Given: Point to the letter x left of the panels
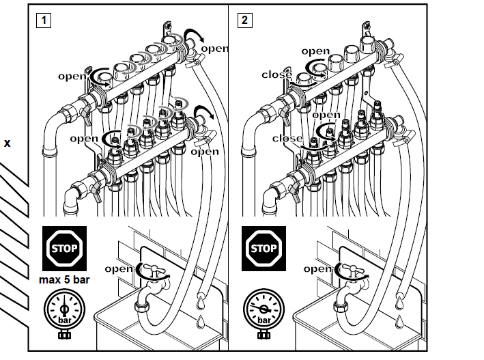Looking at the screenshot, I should click(8, 144).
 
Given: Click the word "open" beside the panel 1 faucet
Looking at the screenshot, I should click(119, 268).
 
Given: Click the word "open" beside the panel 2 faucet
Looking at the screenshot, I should click(317, 268).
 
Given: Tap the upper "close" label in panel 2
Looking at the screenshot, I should click(277, 74).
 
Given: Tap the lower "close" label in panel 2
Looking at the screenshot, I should click(287, 138).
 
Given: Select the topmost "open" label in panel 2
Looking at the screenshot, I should click(315, 51).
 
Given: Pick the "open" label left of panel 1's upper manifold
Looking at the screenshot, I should click(72, 77).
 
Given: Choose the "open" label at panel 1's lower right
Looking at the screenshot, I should click(204, 152).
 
